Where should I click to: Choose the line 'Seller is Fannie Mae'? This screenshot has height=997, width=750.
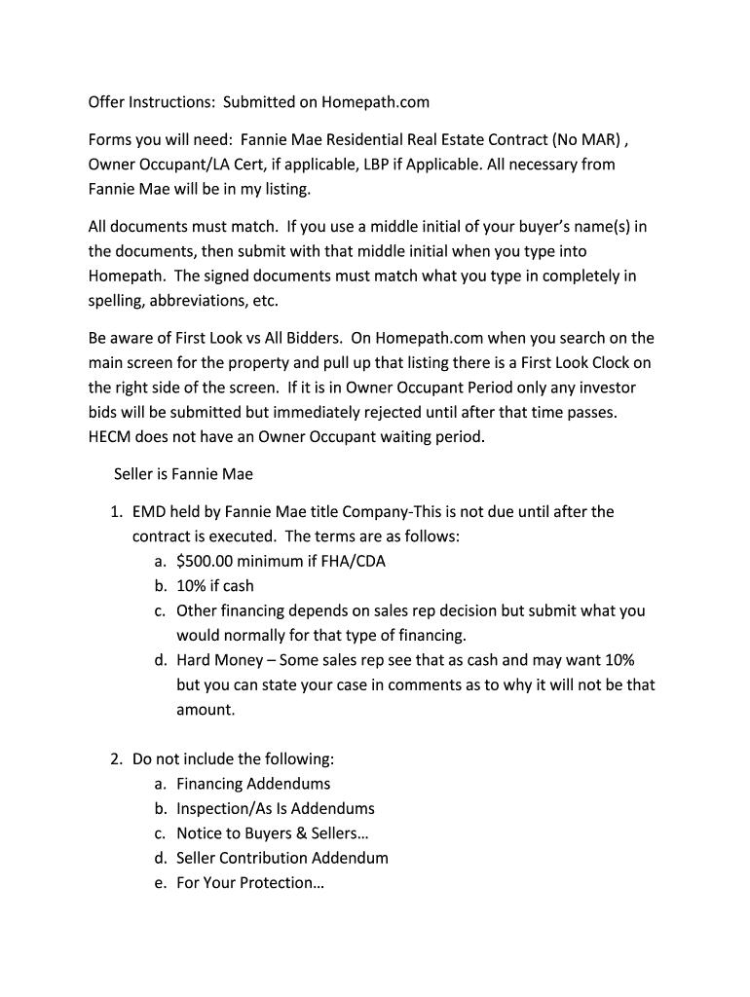tap(183, 474)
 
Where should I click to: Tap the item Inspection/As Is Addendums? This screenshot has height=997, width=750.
tap(276, 808)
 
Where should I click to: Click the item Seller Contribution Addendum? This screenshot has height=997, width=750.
tap(282, 858)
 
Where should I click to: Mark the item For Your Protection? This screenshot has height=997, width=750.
tap(249, 883)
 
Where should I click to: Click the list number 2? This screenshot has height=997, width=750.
tap(114, 759)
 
